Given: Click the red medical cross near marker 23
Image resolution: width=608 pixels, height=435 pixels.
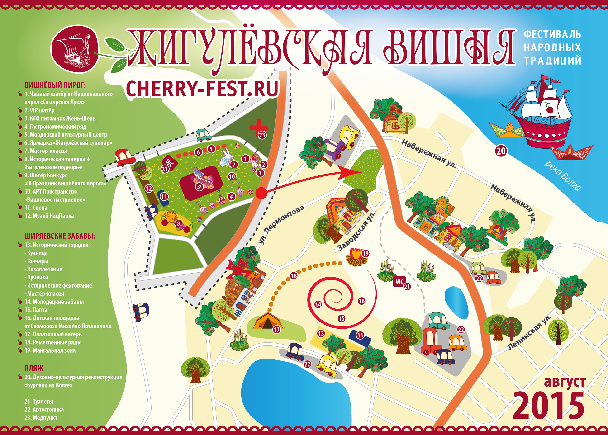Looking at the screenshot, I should [255, 125].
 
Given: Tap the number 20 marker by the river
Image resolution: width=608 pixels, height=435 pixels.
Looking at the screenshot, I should [501, 151].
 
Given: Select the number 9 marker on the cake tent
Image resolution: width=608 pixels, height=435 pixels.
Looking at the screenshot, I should [199, 186].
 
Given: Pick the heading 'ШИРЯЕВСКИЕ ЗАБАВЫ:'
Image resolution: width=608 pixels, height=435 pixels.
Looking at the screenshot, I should [60, 236].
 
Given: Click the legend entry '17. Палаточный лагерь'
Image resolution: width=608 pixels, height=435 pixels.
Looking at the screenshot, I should [53, 334].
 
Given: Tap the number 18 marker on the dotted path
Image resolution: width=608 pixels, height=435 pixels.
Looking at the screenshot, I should [294, 275].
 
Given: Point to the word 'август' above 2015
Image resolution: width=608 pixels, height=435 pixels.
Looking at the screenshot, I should [565, 382].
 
